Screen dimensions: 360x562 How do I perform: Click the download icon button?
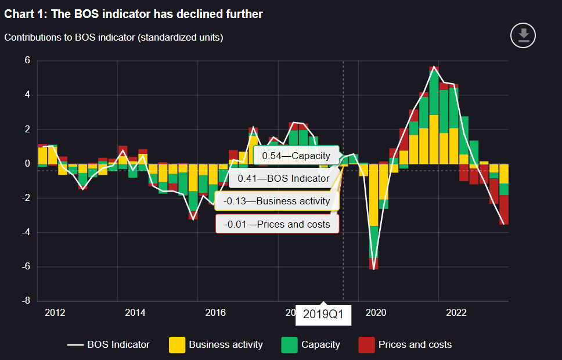pyautogui.click(x=523, y=35)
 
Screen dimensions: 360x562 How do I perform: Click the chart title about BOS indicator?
pyautogui.click(x=134, y=14)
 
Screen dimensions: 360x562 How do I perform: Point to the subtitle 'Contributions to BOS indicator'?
pyautogui.click(x=114, y=38)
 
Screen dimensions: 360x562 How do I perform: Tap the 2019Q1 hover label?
pyautogui.click(x=323, y=315)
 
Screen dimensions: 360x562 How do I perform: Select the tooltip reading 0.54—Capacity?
pyautogui.click(x=296, y=156)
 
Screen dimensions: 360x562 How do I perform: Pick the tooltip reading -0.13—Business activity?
pyautogui.click(x=276, y=201)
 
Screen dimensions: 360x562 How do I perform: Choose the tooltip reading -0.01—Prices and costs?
pyautogui.click(x=276, y=224)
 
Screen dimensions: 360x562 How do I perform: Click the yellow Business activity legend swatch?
pyautogui.click(x=177, y=345)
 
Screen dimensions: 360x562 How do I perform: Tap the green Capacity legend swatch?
pyautogui.click(x=289, y=345)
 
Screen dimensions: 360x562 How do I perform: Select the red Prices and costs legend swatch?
pyautogui.click(x=366, y=345)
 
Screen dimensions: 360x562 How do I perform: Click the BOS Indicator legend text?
pyautogui.click(x=118, y=345)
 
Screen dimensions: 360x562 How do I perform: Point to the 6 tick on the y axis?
pyautogui.click(x=27, y=61)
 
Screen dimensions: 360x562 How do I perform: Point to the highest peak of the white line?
pyautogui.click(x=434, y=67)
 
